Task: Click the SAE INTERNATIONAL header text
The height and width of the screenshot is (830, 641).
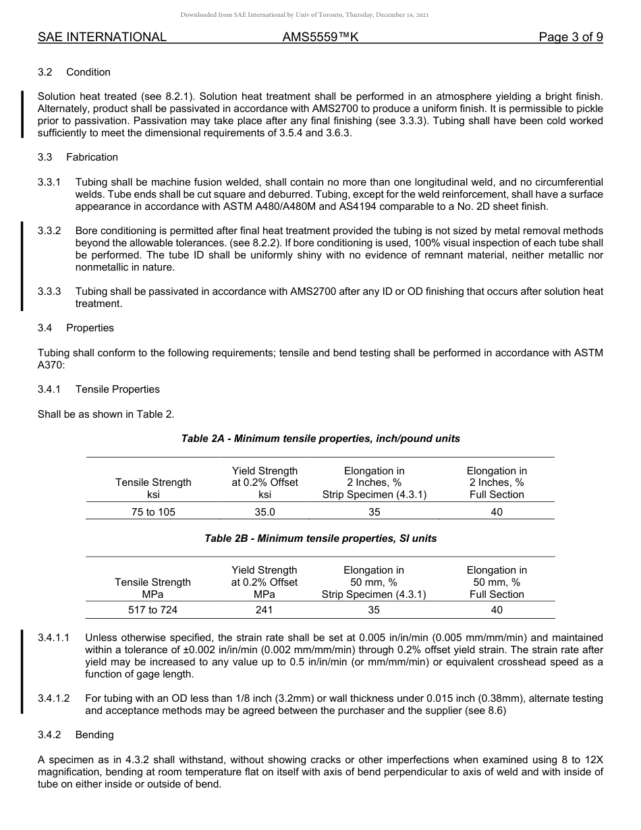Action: (102, 37)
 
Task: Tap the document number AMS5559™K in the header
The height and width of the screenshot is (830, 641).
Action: (320, 37)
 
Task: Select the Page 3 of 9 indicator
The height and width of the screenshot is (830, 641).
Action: (570, 37)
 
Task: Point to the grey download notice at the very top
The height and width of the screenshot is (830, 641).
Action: (304, 14)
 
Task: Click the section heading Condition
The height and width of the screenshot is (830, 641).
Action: (88, 72)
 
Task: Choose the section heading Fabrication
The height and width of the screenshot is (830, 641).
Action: (92, 157)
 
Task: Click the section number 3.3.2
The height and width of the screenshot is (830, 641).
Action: (49, 231)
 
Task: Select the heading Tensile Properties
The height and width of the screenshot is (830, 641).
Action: (117, 389)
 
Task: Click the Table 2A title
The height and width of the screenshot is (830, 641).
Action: (320, 439)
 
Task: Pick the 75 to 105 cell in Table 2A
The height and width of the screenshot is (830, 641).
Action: (153, 512)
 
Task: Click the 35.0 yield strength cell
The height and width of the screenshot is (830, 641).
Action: (264, 512)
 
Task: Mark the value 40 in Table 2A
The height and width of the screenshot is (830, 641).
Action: (497, 512)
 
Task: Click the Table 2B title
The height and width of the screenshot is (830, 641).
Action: (320, 538)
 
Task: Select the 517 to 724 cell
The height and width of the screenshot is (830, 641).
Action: (153, 610)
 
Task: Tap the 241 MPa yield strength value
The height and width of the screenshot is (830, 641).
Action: (264, 610)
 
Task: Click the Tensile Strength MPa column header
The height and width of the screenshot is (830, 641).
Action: (153, 588)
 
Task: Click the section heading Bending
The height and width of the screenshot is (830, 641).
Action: (94, 735)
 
